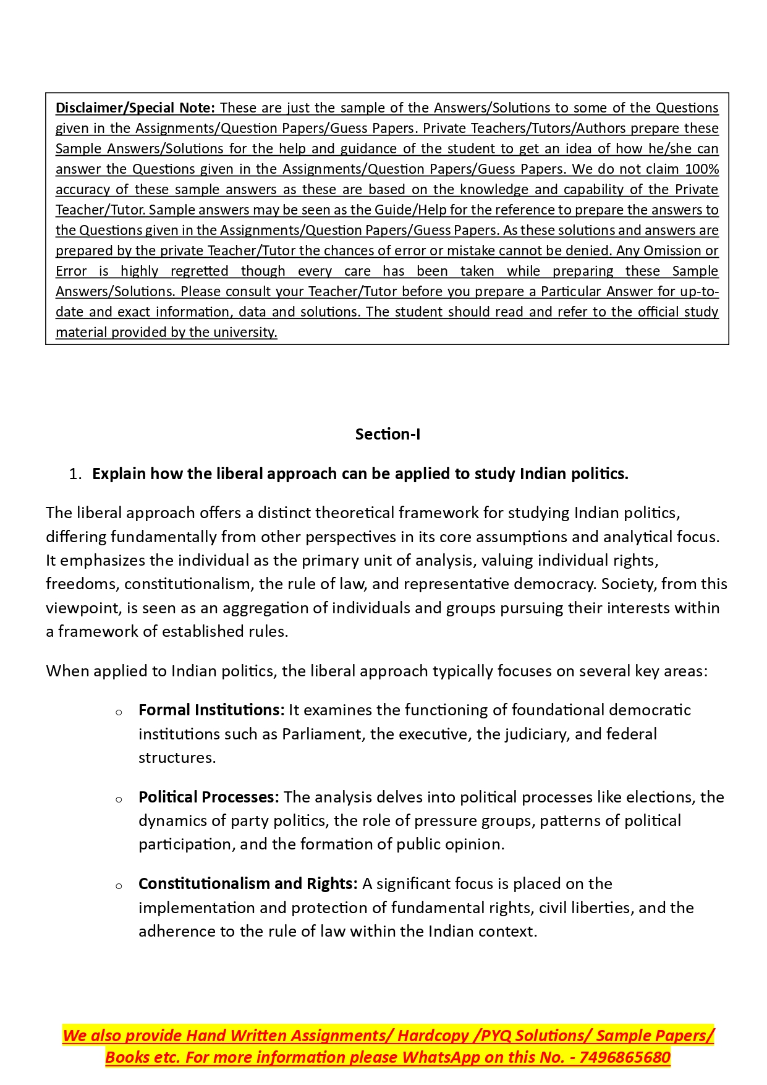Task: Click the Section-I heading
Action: click(388, 434)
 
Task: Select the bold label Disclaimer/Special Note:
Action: click(135, 108)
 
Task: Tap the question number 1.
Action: click(75, 474)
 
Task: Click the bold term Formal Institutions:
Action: click(211, 710)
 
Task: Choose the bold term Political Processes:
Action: click(209, 797)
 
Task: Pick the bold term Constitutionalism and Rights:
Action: click(248, 883)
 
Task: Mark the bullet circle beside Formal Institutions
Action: click(119, 712)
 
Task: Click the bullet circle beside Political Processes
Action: click(119, 799)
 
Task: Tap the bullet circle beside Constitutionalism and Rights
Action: click(119, 886)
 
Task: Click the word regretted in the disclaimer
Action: click(199, 271)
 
